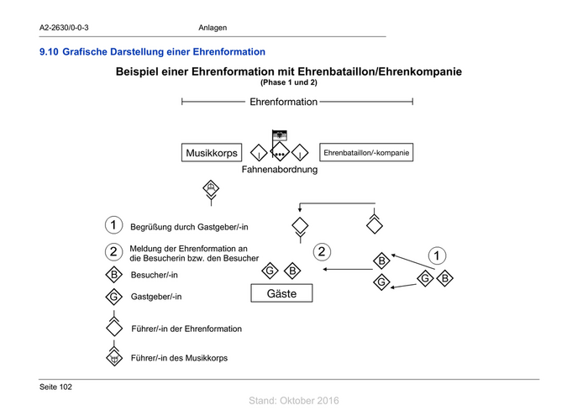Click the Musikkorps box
[x=212, y=154]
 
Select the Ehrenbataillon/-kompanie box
[x=365, y=154]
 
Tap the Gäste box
[x=281, y=293]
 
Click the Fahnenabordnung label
[x=280, y=170]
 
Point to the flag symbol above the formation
[x=280, y=134]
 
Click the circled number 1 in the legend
[x=113, y=226]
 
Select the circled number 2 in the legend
[x=113, y=252]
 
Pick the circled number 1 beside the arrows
[x=437, y=255]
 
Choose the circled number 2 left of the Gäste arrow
[x=321, y=250]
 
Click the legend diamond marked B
[x=113, y=275]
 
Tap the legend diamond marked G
[x=113, y=297]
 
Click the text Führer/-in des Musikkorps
[x=179, y=358]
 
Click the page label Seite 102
[x=55, y=387]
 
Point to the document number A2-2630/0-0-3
[x=65, y=29]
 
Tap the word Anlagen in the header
[x=213, y=29]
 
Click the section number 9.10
[x=48, y=53]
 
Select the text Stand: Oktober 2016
[x=294, y=401]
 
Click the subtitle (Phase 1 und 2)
[x=288, y=83]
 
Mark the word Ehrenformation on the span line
[x=283, y=102]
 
